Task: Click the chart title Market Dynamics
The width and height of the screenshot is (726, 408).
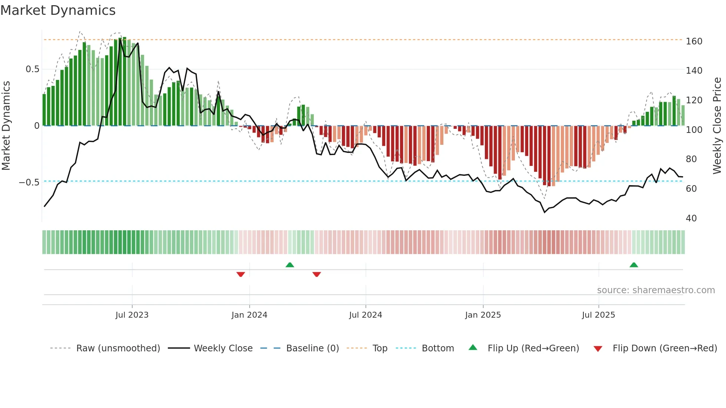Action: [58, 10]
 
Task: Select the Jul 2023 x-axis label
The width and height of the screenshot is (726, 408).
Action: [132, 315]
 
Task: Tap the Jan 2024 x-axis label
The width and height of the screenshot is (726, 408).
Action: [249, 315]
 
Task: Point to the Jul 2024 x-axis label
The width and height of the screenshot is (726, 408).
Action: [366, 315]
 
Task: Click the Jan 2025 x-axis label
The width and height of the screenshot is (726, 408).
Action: [483, 315]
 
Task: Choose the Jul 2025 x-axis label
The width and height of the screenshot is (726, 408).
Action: [599, 315]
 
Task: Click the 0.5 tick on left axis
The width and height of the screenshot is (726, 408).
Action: [32, 69]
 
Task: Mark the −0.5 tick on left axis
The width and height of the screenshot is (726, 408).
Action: [29, 183]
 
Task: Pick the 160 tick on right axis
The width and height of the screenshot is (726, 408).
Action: [694, 41]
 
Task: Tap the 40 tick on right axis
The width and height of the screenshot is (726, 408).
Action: [691, 218]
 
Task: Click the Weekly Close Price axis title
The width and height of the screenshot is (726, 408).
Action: [717, 126]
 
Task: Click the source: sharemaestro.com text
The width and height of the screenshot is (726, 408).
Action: [656, 290]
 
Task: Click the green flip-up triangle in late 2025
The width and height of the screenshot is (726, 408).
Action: [634, 265]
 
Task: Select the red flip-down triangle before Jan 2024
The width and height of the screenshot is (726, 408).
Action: [241, 274]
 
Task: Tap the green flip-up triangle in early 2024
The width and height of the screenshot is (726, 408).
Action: [290, 265]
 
